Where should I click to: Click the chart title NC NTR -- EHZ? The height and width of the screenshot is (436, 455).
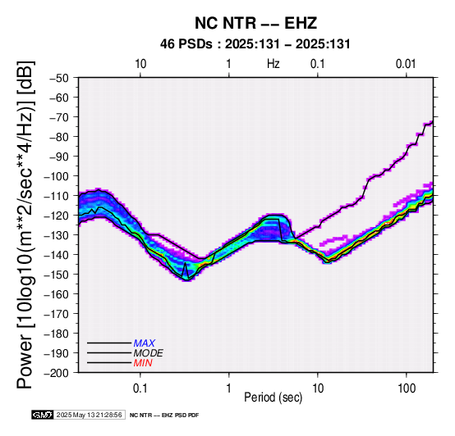[x=255, y=23]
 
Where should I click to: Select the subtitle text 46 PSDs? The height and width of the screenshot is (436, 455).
[x=186, y=44]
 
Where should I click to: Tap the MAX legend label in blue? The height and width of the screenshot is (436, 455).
[x=145, y=343]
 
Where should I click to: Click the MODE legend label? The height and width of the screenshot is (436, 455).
[x=149, y=353]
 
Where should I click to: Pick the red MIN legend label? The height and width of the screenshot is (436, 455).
[x=143, y=363]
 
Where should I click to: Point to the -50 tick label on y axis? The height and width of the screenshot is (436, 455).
[x=59, y=78]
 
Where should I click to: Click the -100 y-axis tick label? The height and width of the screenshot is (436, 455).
[x=57, y=176]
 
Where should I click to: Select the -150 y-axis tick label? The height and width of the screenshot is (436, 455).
[x=57, y=275]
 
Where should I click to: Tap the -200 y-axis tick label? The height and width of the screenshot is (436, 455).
[x=57, y=373]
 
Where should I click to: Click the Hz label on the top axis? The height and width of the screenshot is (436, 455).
[x=273, y=64]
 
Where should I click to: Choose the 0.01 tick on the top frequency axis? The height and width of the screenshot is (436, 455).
[x=406, y=64]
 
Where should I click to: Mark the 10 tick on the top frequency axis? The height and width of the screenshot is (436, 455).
[x=140, y=64]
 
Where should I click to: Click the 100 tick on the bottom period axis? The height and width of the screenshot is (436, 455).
[x=407, y=388]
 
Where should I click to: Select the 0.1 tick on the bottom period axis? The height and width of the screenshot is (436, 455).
[x=140, y=388]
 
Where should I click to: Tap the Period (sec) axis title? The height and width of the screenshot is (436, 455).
[x=273, y=397]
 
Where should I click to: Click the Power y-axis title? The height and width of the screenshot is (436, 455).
[x=25, y=225]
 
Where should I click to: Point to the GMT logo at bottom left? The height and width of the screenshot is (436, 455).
[x=43, y=415]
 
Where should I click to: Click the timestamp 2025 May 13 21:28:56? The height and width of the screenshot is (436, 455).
[x=89, y=415]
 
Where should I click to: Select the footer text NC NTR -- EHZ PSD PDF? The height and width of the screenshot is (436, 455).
[x=164, y=416]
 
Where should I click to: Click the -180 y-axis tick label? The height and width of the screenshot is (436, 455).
[x=57, y=334]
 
